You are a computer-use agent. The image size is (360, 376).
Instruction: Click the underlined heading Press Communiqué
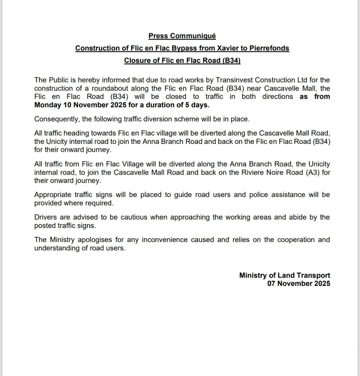tap(182, 36)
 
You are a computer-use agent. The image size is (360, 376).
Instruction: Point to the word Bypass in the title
tap(184, 48)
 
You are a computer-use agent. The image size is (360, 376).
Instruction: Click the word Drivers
tap(45, 217)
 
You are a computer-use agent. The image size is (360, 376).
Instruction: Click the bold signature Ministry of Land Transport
tap(285, 275)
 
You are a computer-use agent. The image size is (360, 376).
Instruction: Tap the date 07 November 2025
tap(299, 284)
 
